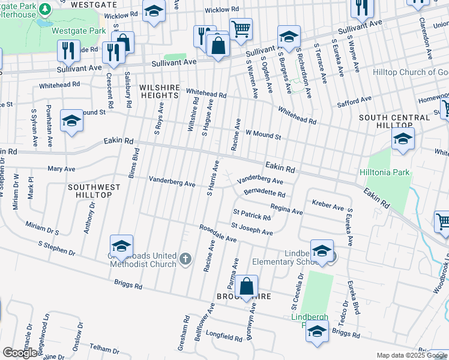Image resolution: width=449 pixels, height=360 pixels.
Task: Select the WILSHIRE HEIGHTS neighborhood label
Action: point(160,91)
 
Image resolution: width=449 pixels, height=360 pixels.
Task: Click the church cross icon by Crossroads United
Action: point(185,259)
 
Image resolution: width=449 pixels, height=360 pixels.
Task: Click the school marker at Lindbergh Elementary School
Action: point(322,251)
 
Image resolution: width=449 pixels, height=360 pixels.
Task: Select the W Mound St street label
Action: point(263,135)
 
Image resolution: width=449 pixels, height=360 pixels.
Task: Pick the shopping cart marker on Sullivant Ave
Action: point(241,28)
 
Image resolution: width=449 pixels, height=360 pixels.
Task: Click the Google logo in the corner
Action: point(20,353)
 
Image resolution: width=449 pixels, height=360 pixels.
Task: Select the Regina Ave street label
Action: point(286,209)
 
